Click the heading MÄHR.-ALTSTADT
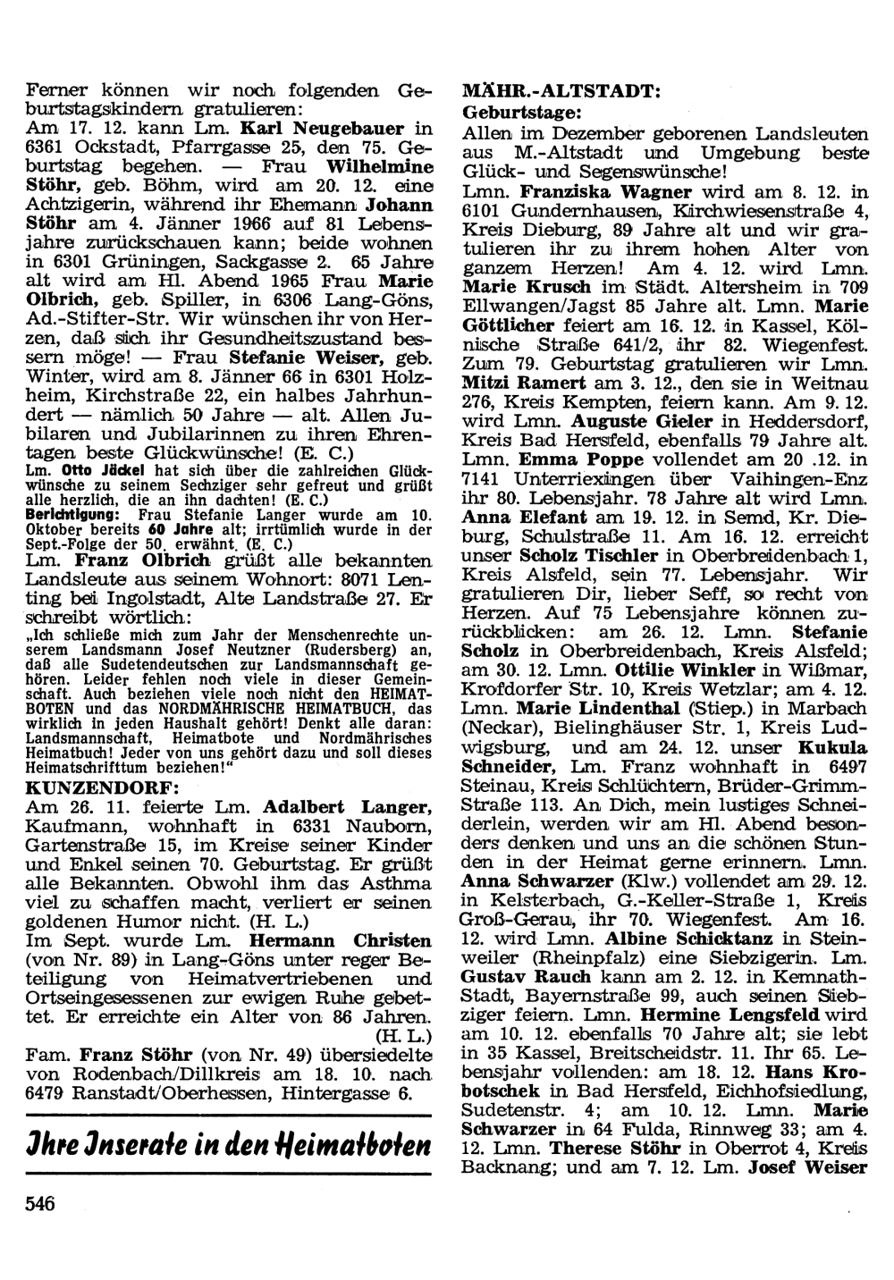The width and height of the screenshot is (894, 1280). [561, 92]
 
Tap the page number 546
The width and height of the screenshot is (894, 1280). [40, 1203]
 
